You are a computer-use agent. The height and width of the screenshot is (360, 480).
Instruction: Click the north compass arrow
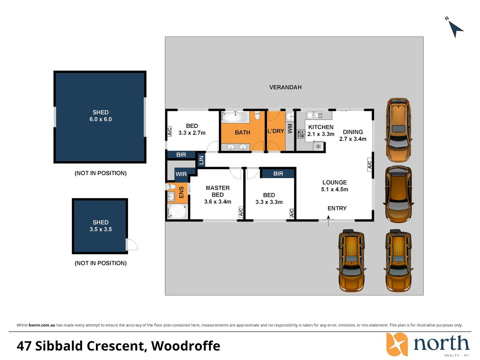coord(456,29)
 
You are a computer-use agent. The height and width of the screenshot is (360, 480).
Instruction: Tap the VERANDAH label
coord(285,87)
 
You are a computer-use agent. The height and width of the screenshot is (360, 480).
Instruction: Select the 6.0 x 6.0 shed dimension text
coord(101,119)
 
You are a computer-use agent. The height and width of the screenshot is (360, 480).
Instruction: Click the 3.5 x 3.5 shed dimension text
coord(101,229)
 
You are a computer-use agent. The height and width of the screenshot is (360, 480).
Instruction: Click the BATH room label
coord(242,132)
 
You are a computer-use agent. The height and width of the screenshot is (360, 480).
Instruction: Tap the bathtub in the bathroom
coord(235,117)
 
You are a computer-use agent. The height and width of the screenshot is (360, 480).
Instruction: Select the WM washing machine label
coord(290,129)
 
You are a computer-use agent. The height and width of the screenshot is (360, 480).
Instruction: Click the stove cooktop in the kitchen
coord(300,134)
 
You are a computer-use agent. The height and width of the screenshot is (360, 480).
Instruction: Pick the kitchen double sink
coord(315,115)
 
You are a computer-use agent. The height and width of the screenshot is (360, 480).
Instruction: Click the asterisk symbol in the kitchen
coord(318,146)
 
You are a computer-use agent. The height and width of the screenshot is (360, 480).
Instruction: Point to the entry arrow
coord(328,221)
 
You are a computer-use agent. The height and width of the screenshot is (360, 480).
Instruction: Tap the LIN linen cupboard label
coord(201,160)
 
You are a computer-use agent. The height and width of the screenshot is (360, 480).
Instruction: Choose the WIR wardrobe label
coord(181,174)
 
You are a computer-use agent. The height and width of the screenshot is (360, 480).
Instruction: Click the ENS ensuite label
coord(181,192)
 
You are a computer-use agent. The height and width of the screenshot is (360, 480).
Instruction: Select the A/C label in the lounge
coord(370,165)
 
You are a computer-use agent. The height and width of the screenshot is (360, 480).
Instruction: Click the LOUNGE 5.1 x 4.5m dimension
coord(334,190)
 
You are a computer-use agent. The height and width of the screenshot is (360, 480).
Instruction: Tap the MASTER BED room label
coord(218,191)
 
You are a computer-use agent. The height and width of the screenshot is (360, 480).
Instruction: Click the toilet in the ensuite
coord(171,186)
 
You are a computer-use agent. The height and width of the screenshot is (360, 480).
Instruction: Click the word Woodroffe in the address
coord(186,346)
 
